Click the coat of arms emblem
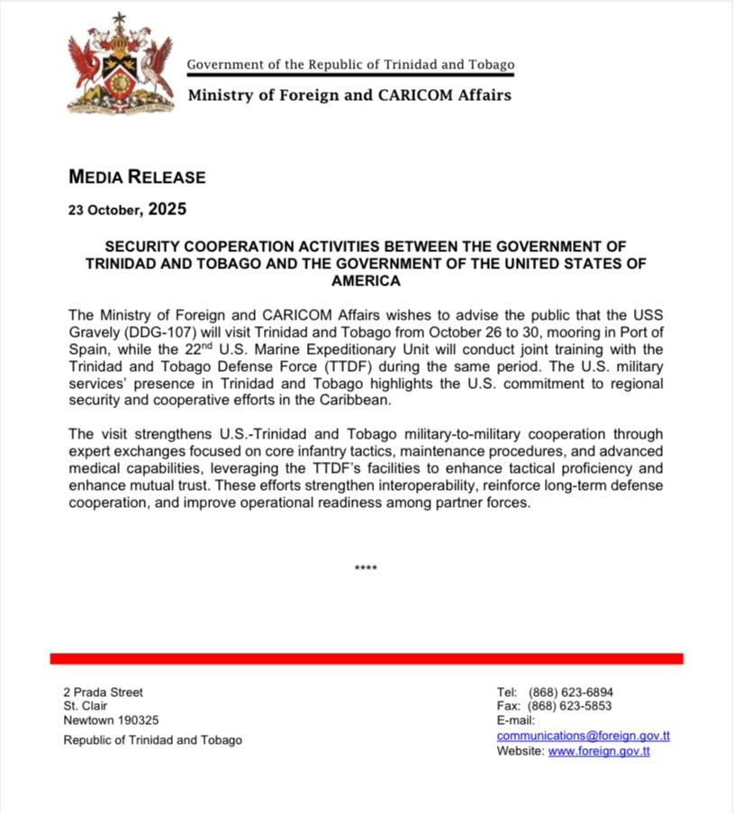(x=121, y=64)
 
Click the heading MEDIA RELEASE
(x=137, y=177)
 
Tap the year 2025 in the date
(x=167, y=210)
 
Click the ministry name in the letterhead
(x=349, y=95)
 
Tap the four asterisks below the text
(x=367, y=568)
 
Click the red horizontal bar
(x=367, y=658)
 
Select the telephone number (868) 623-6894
(x=571, y=692)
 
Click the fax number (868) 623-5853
(x=571, y=706)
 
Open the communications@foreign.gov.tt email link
(x=583, y=736)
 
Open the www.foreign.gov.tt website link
(x=599, y=751)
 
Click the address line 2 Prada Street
(x=104, y=692)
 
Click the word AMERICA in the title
(x=367, y=281)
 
